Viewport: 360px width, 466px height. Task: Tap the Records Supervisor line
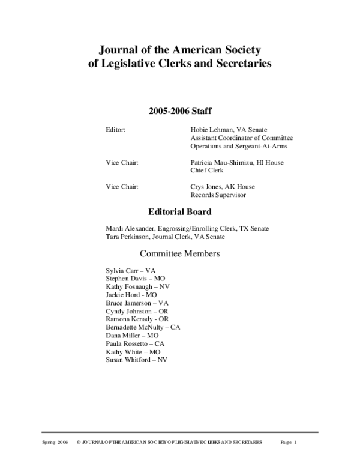coord(218,195)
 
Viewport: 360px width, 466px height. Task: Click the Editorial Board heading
coord(179,212)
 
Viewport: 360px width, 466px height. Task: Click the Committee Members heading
coord(179,253)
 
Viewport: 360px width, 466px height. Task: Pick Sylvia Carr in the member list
coord(130,271)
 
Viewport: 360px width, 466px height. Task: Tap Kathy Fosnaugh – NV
coord(137,288)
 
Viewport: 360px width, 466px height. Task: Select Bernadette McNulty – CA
coord(142,327)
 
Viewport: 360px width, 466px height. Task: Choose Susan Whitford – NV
coord(136,359)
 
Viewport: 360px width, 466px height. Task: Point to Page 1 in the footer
coord(289,442)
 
